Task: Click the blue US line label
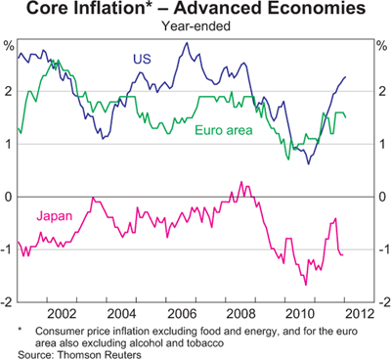point(142,59)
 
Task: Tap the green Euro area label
point(224,130)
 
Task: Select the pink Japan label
point(55,216)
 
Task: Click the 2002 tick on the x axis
point(62,314)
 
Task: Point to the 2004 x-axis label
point(121,314)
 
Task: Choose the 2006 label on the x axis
point(183,314)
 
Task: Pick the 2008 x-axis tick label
point(240,314)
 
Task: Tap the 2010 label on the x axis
point(300,314)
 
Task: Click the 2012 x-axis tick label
point(360,314)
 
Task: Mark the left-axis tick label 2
point(11,91)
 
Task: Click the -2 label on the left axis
point(8,302)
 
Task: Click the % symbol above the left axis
point(9,46)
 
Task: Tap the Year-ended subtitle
point(196,25)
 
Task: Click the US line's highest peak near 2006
point(187,42)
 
